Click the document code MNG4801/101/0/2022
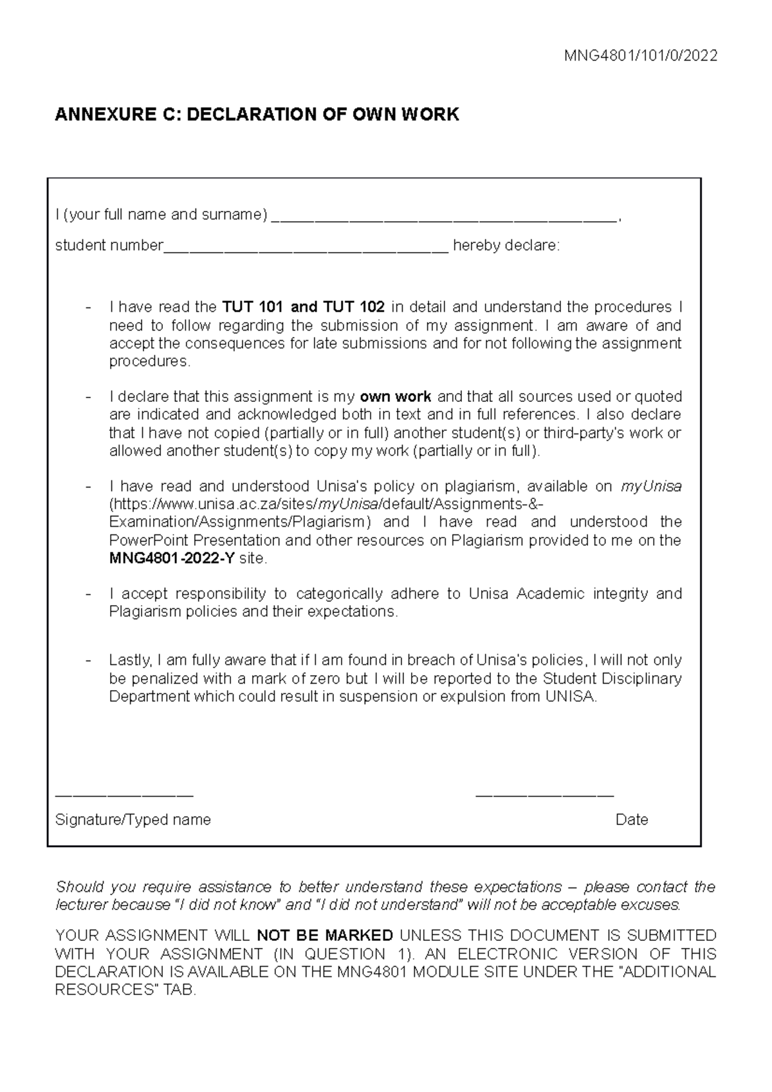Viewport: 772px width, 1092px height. (641, 56)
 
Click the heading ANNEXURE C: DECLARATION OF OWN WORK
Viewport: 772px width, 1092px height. (257, 115)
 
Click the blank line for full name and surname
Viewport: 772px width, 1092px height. (444, 217)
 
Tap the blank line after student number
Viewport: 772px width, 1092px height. (306, 248)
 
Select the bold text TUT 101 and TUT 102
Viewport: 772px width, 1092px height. (303, 307)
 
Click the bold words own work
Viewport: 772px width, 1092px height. (395, 397)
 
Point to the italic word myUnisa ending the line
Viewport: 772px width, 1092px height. (651, 487)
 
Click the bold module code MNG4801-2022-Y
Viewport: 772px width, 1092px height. (172, 559)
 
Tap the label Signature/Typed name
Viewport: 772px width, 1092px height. (133, 820)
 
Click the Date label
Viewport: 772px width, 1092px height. (631, 820)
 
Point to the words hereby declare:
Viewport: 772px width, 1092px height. (506, 246)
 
